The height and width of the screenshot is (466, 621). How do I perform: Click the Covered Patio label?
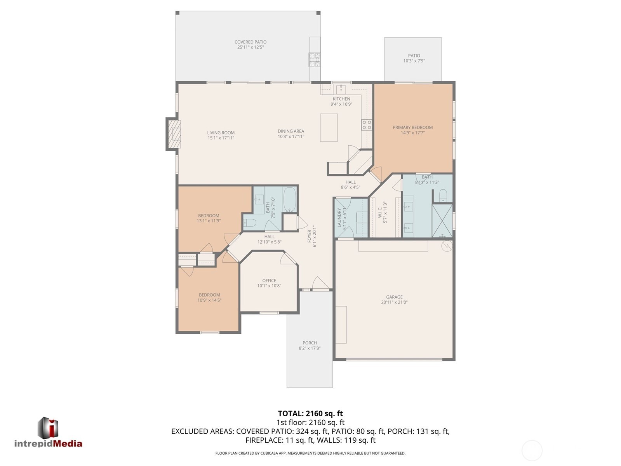click(x=250, y=42)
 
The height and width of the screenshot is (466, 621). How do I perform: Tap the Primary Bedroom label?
click(x=412, y=127)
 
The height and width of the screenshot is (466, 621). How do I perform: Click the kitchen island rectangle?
click(x=329, y=127)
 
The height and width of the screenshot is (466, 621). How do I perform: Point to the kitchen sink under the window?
click(x=341, y=89)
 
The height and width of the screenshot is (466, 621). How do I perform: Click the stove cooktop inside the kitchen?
click(x=367, y=125)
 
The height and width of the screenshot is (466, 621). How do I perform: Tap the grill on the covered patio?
click(x=315, y=59)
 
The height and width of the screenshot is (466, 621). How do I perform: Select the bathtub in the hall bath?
click(x=290, y=199)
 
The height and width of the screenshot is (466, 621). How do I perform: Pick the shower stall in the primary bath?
click(x=443, y=220)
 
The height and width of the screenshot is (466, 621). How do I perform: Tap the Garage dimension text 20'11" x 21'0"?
click(x=394, y=302)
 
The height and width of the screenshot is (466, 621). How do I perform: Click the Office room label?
click(x=269, y=281)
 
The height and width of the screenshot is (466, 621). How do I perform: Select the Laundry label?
click(x=339, y=218)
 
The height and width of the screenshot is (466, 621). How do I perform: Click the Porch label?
click(x=310, y=343)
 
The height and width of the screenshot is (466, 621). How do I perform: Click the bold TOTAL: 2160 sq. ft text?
click(x=310, y=414)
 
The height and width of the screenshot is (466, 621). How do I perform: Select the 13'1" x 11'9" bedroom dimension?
click(x=209, y=221)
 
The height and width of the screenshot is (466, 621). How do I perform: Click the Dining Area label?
click(x=291, y=131)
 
